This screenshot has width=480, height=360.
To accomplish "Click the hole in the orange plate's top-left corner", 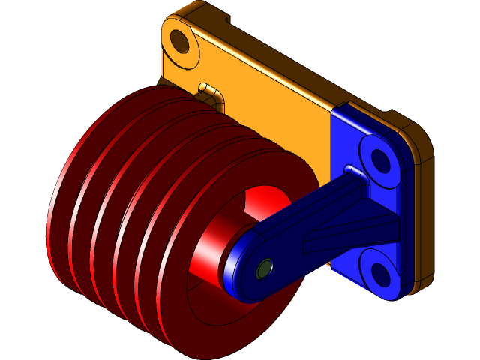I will coord(181,40).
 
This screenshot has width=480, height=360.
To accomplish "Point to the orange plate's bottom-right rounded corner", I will coord(424,281).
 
